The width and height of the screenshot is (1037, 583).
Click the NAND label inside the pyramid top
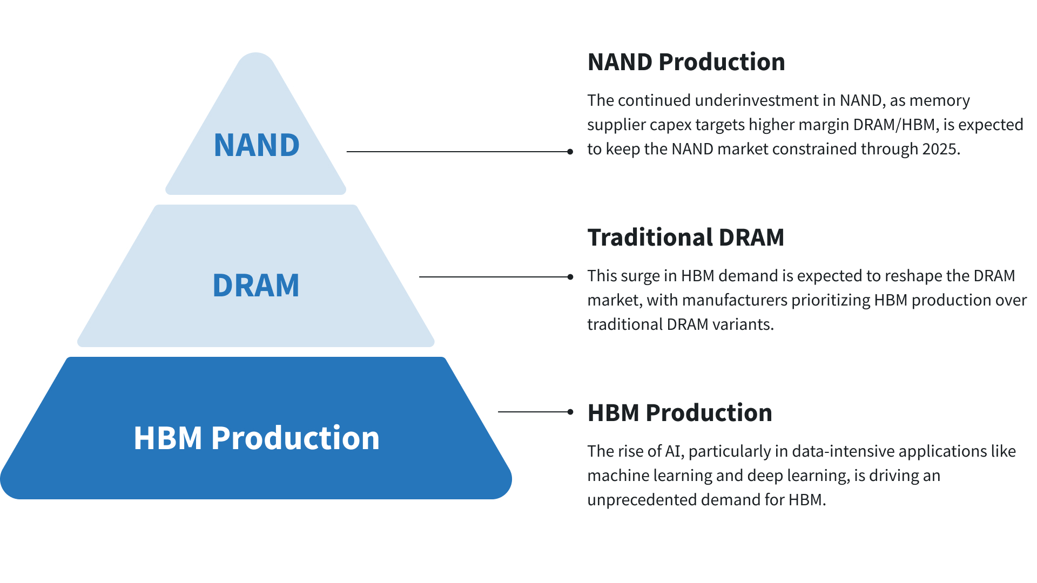[257, 145]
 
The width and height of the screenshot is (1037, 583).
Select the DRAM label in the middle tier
[256, 286]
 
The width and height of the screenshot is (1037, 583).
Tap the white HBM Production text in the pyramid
[257, 438]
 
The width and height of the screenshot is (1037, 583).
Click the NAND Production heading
[686, 62]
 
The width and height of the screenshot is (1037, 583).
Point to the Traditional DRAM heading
[685, 238]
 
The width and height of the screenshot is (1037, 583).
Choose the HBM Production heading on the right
[679, 413]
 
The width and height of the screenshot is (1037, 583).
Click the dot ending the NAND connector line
[570, 152]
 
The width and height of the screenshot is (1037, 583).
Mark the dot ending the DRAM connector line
[570, 277]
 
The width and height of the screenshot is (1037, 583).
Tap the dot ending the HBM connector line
[570, 412]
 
